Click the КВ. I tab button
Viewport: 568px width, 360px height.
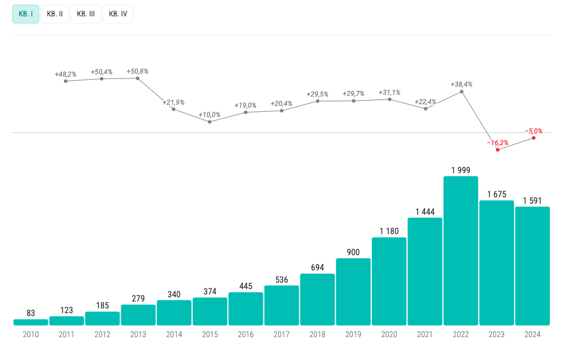[x=26, y=14]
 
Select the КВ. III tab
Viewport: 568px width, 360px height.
[x=85, y=14]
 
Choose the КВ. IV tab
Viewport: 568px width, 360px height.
[x=118, y=14]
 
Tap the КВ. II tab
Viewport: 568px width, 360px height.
[x=55, y=14]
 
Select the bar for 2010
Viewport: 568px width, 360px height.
[x=30, y=322]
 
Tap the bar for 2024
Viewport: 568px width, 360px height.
[x=532, y=266]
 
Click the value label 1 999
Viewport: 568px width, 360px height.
[x=461, y=170]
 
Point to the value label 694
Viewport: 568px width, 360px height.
[x=317, y=267]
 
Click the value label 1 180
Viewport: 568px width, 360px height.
[x=389, y=231]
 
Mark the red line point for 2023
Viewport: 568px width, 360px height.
[x=498, y=150]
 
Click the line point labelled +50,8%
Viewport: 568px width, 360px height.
[x=138, y=78]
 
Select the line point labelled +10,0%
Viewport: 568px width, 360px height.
[x=210, y=121]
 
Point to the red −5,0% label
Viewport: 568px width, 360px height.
[x=533, y=131]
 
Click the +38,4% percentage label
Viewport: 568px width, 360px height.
[x=461, y=84]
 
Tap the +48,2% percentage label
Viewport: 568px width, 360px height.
[x=66, y=74]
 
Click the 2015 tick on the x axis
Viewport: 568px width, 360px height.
[x=210, y=335]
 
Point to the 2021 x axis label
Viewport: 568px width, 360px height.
[x=425, y=335]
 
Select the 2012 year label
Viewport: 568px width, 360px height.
[x=102, y=335]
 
